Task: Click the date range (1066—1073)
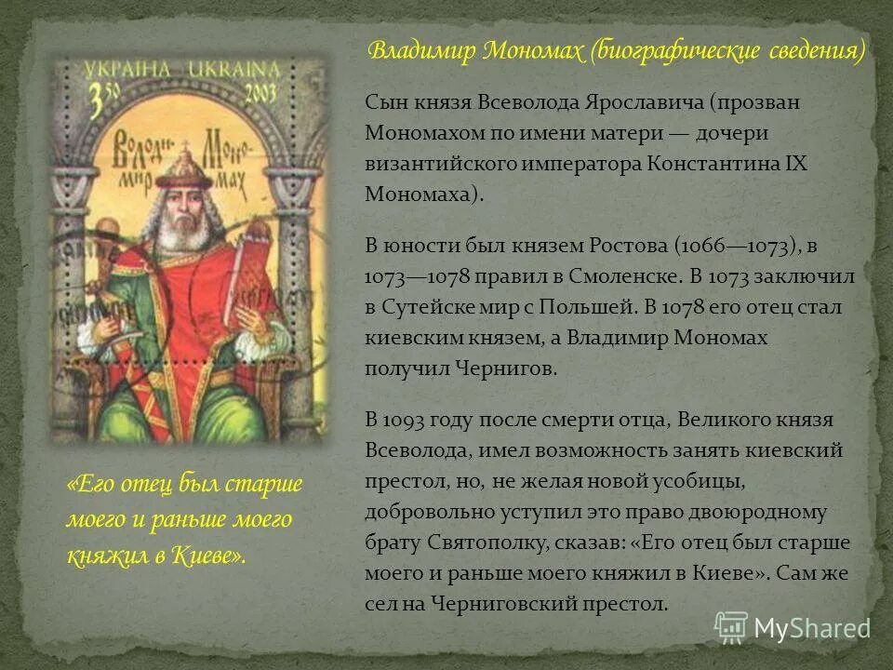tap(722, 246)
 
